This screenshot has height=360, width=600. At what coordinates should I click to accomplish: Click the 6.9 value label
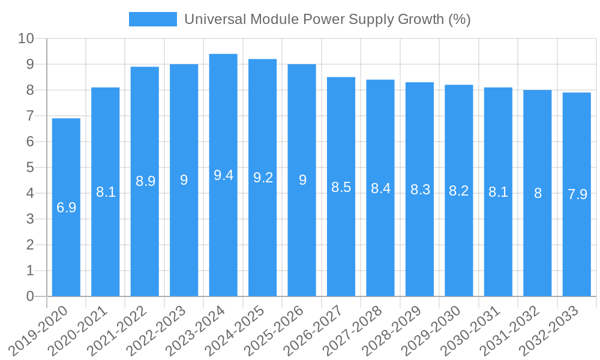tap(66, 208)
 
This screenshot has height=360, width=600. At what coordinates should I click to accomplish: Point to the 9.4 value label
tap(223, 175)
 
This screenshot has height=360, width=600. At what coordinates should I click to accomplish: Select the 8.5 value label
tap(341, 187)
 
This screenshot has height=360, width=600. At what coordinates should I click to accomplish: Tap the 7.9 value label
tap(577, 194)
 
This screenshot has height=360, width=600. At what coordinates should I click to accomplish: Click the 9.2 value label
tap(263, 178)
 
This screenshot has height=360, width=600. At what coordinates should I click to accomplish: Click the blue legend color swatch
tap(153, 19)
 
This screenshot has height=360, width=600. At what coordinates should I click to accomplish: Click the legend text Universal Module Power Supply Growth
tap(327, 19)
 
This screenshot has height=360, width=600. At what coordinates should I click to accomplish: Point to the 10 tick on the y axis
tap(26, 38)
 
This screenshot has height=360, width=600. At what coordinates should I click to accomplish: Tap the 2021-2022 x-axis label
tap(118, 331)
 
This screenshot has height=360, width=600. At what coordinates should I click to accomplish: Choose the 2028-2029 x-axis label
tap(392, 331)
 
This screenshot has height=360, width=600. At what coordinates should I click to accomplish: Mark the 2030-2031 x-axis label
tap(471, 331)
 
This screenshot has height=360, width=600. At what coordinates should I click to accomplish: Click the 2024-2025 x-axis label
tap(235, 331)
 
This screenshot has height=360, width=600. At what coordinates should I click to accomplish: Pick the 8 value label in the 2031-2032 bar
tap(538, 193)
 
